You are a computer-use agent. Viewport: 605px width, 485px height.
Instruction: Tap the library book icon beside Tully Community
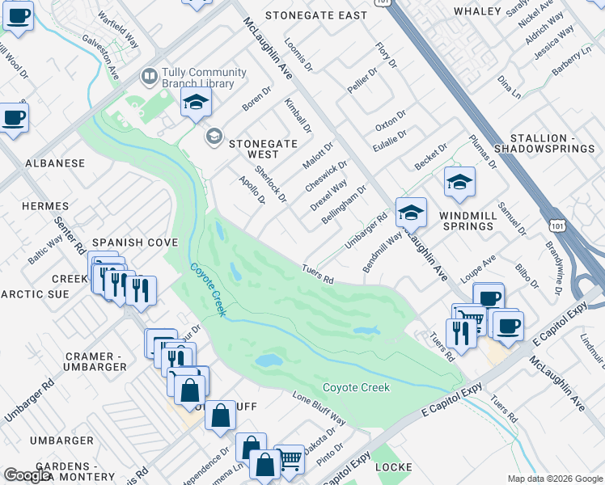point(149,77)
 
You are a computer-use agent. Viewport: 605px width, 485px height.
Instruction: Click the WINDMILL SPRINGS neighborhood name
point(467,221)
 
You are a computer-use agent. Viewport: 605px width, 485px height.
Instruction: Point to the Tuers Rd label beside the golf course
point(318,275)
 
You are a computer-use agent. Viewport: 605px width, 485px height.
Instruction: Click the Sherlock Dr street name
point(270,183)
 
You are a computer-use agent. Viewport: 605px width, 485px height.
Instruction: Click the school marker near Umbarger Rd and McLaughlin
point(411,213)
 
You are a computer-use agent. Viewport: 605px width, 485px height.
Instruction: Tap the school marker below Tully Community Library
point(196,103)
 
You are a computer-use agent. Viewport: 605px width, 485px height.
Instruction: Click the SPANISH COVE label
point(123,242)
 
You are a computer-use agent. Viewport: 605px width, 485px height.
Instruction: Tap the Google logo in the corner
point(27,476)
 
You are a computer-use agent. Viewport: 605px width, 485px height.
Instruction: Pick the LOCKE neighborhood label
point(393,468)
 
